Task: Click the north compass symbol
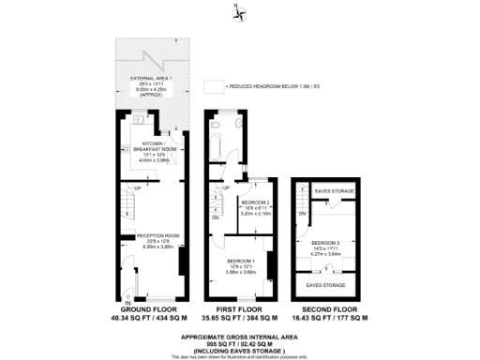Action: (x=240, y=13)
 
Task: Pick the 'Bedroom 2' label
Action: (x=255, y=202)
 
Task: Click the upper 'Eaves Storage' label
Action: (x=334, y=191)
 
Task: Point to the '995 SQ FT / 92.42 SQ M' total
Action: (x=240, y=343)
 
